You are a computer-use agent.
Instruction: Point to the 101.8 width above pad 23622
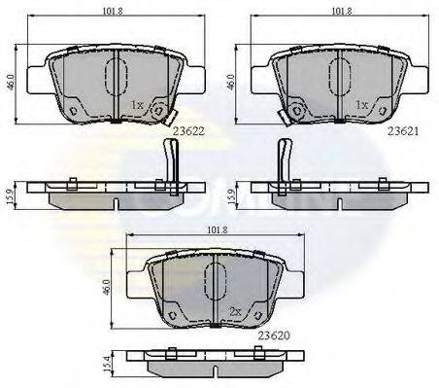pyautogui.click(x=116, y=13)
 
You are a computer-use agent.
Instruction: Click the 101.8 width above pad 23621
pyautogui.click(x=340, y=13)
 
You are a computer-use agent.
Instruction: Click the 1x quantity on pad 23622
pyautogui.click(x=137, y=103)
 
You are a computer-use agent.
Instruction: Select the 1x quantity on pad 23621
pyautogui.click(x=360, y=103)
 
